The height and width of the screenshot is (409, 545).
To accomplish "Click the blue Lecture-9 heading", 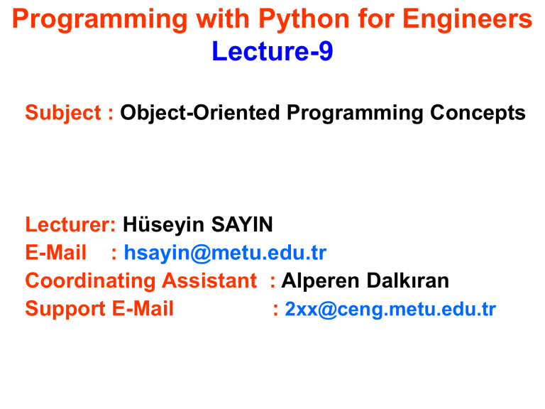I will (272, 52).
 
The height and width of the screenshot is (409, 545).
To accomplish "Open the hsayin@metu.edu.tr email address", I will (225, 253).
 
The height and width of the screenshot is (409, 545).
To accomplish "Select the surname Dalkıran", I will (409, 281).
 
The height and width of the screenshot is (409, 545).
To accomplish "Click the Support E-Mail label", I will (99, 310).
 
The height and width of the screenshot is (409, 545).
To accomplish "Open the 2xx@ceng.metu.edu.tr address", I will (390, 310).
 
